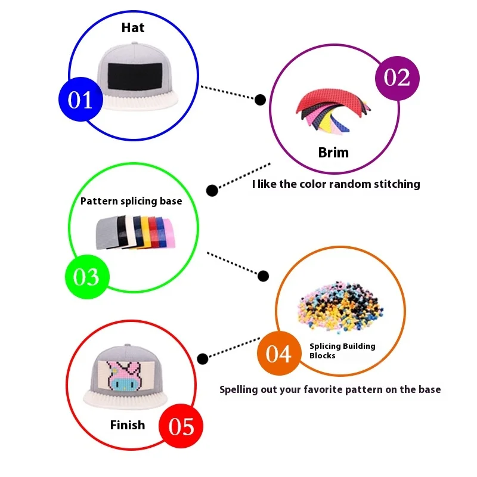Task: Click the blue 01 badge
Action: tap(80, 99)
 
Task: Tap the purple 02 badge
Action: tap(397, 78)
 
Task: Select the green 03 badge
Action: tap(87, 277)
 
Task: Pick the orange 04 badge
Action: tap(279, 353)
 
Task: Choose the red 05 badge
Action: tap(181, 426)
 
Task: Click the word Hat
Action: tap(133, 27)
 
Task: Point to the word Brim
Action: tap(333, 153)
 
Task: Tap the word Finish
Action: tap(128, 425)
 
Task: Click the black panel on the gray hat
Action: tap(135, 77)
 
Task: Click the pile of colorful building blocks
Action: tap(340, 306)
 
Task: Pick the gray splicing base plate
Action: tap(107, 233)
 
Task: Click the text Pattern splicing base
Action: tap(131, 201)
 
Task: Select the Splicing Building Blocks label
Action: tap(342, 351)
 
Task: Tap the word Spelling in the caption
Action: tap(238, 390)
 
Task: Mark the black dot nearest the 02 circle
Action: tap(260, 100)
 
